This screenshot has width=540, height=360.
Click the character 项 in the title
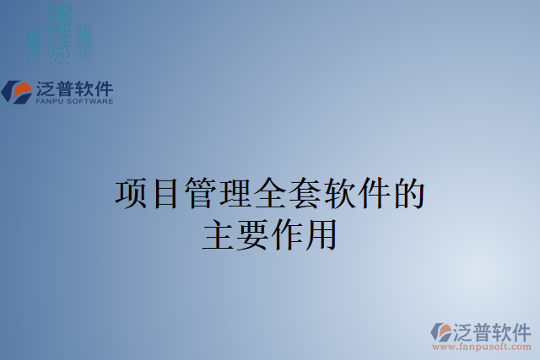coord(131,194)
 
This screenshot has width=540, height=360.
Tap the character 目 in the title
coord(165,194)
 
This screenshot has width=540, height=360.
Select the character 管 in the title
coord(200,194)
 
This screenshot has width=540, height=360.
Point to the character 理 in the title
coord(235,194)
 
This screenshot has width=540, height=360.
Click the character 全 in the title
coord(270,194)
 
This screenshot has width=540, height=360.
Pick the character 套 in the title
coord(305,194)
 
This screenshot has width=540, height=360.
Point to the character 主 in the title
coord(218,234)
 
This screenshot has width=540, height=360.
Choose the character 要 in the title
coord(252,234)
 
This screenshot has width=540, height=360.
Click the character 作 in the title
coord(287,234)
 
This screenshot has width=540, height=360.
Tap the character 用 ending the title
coord(321,234)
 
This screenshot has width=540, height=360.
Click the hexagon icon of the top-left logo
coord(17,91)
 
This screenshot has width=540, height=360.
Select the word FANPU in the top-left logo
coord(49,101)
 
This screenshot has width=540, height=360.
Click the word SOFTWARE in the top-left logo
coord(89,101)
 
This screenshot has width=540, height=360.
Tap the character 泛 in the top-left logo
coord(45,88)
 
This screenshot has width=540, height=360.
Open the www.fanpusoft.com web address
coord(481,347)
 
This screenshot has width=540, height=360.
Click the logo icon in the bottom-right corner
coord(441,330)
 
